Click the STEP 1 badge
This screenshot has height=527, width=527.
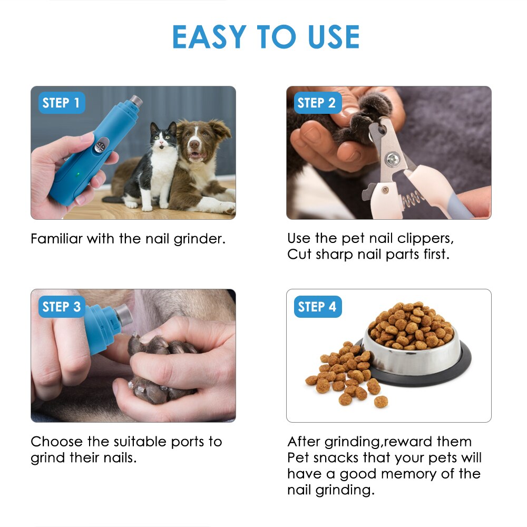click(61, 103)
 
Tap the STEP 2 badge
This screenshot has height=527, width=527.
click(316, 103)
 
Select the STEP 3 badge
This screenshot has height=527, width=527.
click(61, 307)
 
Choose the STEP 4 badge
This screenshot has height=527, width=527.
click(317, 307)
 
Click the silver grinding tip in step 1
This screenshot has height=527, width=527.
click(136, 100)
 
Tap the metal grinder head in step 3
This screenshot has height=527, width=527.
click(123, 315)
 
